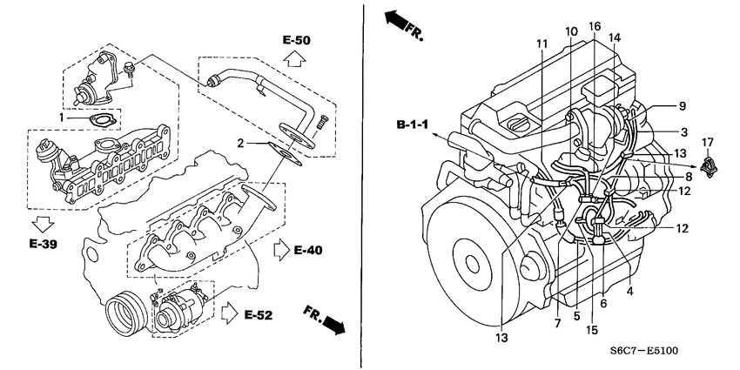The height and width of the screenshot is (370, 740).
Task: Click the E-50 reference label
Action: pos(296,41)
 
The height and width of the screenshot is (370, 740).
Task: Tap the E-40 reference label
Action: pos(308,251)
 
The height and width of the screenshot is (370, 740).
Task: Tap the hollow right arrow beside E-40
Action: pos(280,251)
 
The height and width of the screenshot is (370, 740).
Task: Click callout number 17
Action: pos(707,141)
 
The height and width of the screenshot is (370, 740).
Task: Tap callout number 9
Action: pos(682,106)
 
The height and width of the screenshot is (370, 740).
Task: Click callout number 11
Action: pos(542,44)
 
